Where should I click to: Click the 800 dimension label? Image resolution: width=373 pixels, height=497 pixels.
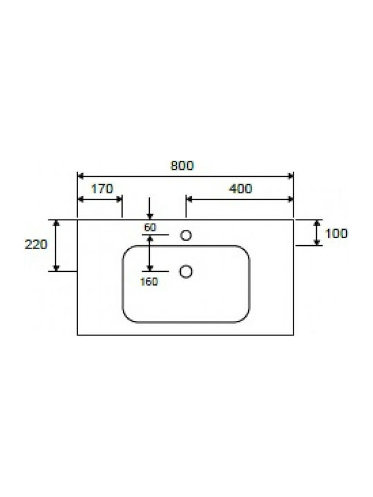pos(182,166)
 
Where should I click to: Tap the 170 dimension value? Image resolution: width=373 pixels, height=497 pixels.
pos(102,189)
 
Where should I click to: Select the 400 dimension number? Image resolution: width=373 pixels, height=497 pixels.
pos(240,188)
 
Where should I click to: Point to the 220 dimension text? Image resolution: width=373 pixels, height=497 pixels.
pos(36,244)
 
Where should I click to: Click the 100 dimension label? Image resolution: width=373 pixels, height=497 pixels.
pos(336,233)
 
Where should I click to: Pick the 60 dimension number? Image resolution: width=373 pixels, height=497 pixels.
pos(150,227)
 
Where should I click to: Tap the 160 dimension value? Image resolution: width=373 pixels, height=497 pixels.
pos(149,282)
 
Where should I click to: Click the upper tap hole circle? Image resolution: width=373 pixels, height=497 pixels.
pos(186,235)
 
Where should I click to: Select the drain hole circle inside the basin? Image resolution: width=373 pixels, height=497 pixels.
pos(186,272)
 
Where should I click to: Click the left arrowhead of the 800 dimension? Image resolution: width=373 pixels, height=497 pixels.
pos(80,176)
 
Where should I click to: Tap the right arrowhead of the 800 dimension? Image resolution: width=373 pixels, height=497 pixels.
pos(291,176)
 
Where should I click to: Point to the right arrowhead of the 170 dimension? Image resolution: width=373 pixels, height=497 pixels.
pos(119,199)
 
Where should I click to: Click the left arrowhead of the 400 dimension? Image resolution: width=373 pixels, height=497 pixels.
pos(189,199)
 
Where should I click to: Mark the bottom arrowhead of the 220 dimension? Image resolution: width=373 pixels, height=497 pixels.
pos(56,268)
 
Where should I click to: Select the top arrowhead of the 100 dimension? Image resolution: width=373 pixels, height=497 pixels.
pos(317,223)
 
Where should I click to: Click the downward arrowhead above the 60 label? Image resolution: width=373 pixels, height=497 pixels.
pos(150,217)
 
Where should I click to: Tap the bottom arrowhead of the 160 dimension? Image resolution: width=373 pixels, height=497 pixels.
pos(150,268)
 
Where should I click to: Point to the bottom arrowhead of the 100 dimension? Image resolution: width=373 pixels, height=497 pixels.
pos(317,242)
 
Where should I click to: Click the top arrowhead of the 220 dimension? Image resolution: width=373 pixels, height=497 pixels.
pos(56,223)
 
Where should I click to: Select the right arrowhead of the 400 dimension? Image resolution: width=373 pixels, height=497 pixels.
pos(291,199)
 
